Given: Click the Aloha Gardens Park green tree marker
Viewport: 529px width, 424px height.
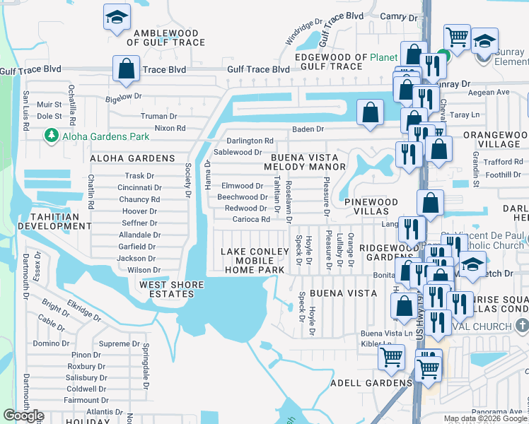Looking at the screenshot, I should pyautogui.click(x=50, y=134).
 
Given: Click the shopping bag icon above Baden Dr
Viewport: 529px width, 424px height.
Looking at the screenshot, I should pyautogui.click(x=370, y=112).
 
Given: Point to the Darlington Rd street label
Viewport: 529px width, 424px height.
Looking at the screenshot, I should pyautogui.click(x=250, y=141).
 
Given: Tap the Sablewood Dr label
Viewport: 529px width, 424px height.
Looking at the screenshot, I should pyautogui.click(x=238, y=152).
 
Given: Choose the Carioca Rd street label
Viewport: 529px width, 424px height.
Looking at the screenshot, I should pyautogui.click(x=248, y=220).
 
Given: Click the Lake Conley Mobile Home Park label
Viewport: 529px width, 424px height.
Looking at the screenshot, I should pyautogui.click(x=253, y=261).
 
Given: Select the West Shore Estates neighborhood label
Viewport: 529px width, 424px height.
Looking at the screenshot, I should pyautogui.click(x=171, y=290).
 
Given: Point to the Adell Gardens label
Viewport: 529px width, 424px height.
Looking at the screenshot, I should pyautogui.click(x=371, y=383).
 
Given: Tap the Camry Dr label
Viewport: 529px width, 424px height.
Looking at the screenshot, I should pyautogui.click(x=395, y=16).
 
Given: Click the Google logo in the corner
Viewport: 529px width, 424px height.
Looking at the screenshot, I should pyautogui.click(x=23, y=416).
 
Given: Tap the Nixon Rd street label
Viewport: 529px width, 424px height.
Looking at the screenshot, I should pyautogui.click(x=170, y=129).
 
